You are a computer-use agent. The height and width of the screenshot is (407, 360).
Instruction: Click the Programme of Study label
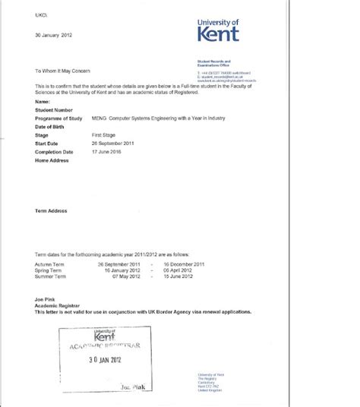click(x=58, y=118)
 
